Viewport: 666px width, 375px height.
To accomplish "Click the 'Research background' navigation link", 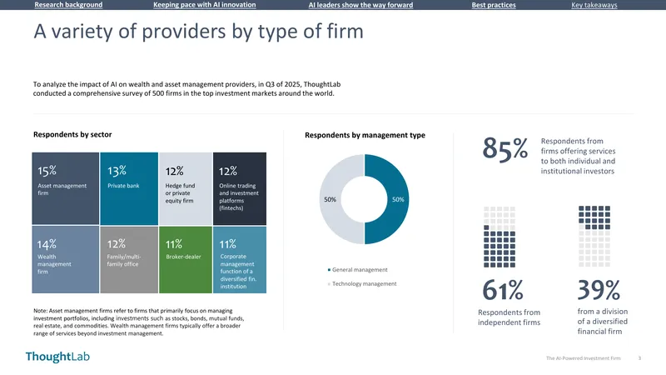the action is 68,5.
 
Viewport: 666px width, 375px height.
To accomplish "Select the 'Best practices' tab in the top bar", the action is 494,5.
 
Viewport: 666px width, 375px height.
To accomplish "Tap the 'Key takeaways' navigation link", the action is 594,5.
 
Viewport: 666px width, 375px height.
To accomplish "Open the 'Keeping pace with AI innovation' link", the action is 204,5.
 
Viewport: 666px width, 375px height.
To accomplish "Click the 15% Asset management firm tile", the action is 66,188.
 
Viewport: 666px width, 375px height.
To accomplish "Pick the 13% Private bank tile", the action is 129,188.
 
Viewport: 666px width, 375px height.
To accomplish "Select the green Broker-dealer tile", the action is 186,260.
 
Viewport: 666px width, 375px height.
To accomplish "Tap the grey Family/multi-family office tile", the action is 129,260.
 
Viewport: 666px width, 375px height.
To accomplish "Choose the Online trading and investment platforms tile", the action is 240,188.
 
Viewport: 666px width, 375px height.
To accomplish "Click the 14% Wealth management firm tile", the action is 66,260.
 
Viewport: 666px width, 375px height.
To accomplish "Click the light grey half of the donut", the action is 330,199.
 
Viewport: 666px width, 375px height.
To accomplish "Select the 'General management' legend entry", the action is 358,269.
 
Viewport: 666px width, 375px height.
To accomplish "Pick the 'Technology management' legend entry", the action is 362,283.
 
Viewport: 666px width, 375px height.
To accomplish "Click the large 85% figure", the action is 505,149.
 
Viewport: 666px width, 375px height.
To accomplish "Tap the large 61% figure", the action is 503,290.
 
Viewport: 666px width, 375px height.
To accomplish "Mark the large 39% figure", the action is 599,290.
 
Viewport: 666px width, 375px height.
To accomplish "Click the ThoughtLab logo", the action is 57,357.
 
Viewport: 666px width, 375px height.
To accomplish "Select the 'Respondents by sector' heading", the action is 72,134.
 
